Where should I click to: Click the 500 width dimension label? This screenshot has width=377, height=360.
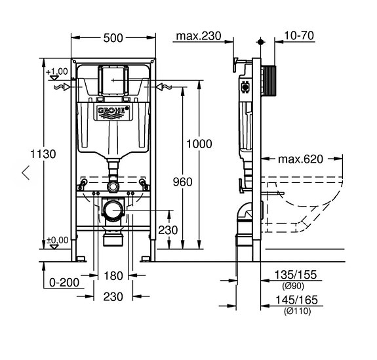[x=113, y=38]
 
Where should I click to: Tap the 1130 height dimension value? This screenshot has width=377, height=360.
[x=43, y=154]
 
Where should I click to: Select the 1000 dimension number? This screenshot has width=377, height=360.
[x=199, y=144]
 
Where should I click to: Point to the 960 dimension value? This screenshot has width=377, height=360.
[x=183, y=182]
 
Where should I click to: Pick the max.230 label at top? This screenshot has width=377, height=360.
[x=199, y=36]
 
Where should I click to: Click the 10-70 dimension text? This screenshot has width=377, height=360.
[x=299, y=35]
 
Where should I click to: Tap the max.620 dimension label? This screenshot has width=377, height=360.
[x=300, y=159]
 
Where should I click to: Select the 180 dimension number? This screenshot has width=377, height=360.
[x=113, y=275]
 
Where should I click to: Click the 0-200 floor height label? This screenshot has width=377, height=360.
[x=64, y=283]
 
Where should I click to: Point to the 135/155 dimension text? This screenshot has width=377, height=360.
[x=296, y=275]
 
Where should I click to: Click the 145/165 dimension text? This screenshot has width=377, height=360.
[x=296, y=300]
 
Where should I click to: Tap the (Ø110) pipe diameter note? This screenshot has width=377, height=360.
[x=297, y=311]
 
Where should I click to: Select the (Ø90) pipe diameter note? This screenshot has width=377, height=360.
[x=293, y=286]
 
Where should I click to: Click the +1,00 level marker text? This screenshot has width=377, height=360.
[x=57, y=71]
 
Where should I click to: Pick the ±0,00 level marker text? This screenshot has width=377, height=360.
[x=58, y=240]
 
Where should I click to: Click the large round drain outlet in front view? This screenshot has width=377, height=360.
[x=113, y=210]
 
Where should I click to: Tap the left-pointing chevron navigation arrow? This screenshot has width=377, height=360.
[x=26, y=172]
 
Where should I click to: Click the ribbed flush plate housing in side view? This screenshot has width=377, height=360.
[x=268, y=81]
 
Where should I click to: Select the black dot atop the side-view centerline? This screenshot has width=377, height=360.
[x=260, y=42]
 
